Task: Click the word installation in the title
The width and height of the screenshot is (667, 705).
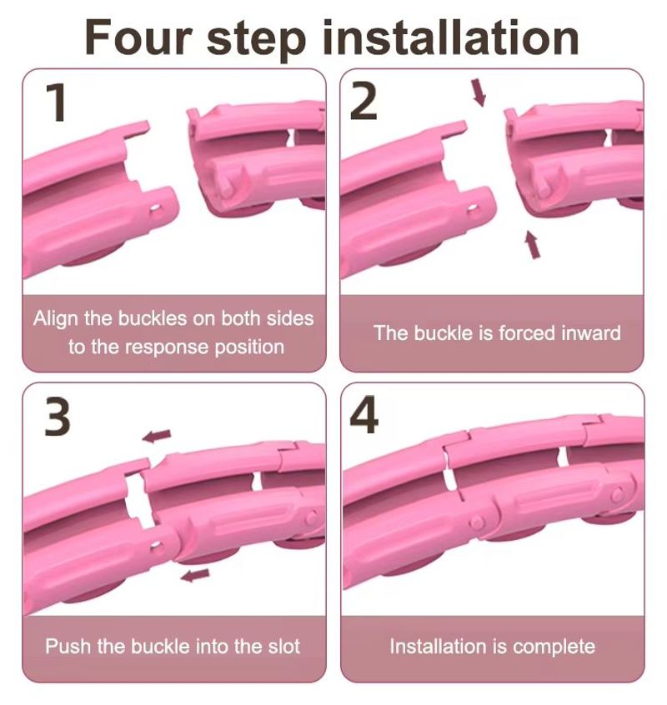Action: pyautogui.click(x=451, y=37)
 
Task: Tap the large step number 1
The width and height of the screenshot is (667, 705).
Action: pyautogui.click(x=56, y=103)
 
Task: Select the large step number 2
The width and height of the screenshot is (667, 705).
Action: pyautogui.click(x=364, y=103)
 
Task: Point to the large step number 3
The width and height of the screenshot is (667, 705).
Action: pyautogui.click(x=58, y=417)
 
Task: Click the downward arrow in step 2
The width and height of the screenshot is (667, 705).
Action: pyautogui.click(x=479, y=92)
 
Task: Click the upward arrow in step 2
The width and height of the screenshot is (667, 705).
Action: pyautogui.click(x=533, y=245)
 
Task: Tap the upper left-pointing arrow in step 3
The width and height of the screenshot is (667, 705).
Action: pyautogui.click(x=157, y=435)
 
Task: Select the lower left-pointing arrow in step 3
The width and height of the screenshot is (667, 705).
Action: pyautogui.click(x=195, y=575)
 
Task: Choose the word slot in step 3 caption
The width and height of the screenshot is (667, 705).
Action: pyautogui.click(x=283, y=647)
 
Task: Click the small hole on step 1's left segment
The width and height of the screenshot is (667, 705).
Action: pyautogui.click(x=155, y=208)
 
